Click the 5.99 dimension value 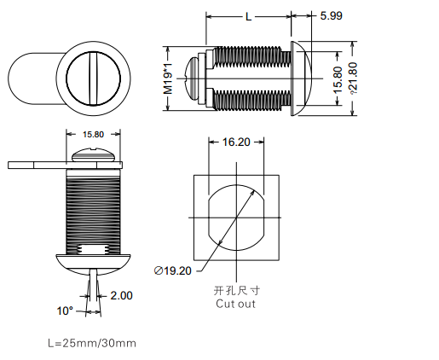[331, 15]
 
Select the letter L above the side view [248, 17]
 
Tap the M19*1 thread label [168, 78]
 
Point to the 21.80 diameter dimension [353, 78]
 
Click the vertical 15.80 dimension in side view [338, 79]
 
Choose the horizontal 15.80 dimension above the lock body [93, 134]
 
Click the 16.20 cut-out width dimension [236, 142]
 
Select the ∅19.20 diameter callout [173, 270]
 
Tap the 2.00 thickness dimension [121, 295]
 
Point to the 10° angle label [65, 311]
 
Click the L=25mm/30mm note [92, 343]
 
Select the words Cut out [235, 304]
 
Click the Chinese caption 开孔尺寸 [236, 291]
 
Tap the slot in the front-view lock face [93, 78]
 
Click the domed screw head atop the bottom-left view [93, 155]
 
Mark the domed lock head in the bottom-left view [93, 263]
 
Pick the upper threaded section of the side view [252, 56]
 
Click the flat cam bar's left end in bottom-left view [9, 165]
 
